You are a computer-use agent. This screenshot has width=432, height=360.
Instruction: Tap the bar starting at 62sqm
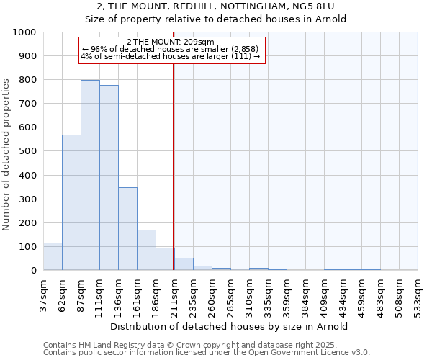pos(71,202)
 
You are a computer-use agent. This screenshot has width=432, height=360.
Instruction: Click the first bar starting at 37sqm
pos(53,256)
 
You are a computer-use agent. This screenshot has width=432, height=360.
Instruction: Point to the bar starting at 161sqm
pos(146,250)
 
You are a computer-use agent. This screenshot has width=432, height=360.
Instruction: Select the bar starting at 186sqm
pos(165,259)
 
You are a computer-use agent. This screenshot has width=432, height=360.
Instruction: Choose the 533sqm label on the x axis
pos(418,295)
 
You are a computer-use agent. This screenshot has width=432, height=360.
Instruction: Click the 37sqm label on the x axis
pos(44,295)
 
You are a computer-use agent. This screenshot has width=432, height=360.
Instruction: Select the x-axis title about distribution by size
pos(230,326)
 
